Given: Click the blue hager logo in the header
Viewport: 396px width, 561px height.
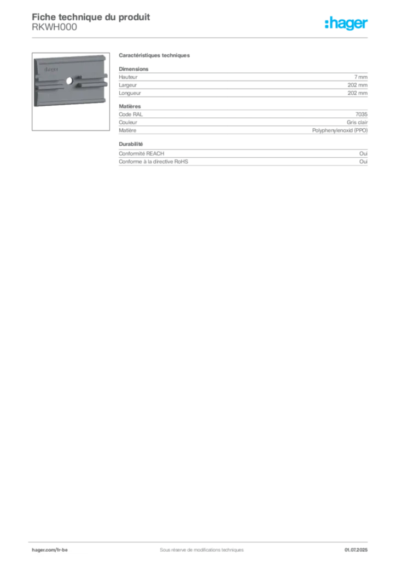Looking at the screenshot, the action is [x=347, y=24].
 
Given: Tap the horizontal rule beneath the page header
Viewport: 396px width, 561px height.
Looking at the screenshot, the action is [x=201, y=37].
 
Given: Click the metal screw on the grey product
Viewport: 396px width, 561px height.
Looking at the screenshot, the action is [x=68, y=81].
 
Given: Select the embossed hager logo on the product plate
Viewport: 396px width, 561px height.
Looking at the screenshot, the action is [x=49, y=70].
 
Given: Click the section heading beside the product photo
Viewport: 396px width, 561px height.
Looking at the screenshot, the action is [x=155, y=56].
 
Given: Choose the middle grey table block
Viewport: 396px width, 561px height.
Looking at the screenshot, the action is [x=242, y=120].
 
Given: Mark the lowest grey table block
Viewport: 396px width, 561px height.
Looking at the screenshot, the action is [x=242, y=155].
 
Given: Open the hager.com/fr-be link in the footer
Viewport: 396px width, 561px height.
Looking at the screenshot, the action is [x=49, y=549].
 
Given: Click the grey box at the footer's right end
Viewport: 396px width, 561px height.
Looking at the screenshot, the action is [x=359, y=546].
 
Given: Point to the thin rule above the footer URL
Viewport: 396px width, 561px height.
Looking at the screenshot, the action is [x=201, y=540].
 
